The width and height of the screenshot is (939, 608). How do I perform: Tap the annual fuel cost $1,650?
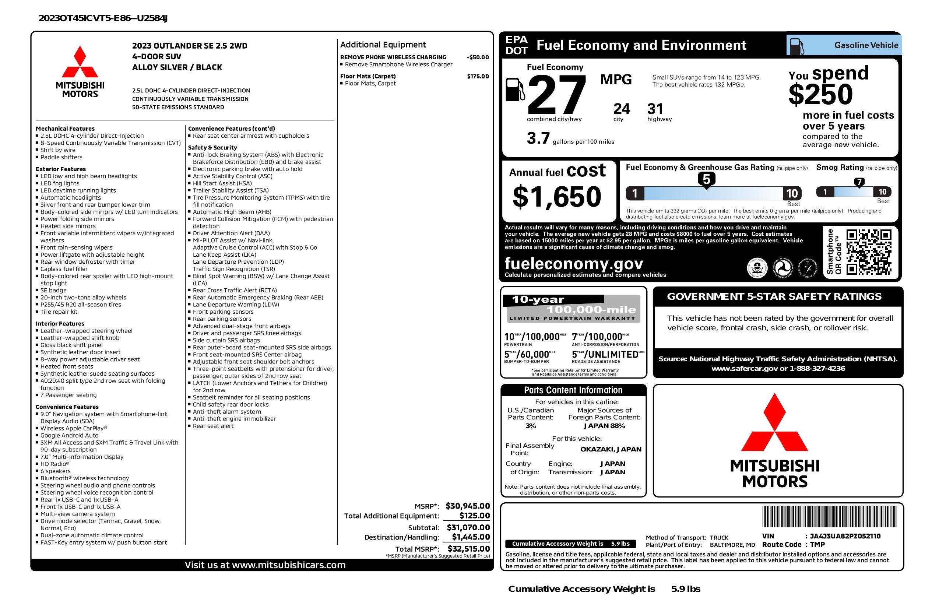tap(557, 197)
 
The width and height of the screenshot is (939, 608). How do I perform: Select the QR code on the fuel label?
tap(868, 252)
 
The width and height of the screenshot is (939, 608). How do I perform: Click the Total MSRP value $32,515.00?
tap(468, 548)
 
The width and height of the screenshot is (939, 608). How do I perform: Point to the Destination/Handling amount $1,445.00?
tap(471, 537)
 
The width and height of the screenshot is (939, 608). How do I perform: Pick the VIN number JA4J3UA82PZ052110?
tap(845, 536)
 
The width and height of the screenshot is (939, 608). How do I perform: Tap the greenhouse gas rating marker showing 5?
tap(706, 180)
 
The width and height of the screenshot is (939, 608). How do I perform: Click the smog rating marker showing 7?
tap(859, 182)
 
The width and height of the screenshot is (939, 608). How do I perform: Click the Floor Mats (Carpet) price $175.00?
tap(478, 76)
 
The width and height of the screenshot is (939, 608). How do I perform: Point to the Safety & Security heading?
tap(212, 148)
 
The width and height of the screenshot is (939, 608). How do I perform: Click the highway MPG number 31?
tap(655, 109)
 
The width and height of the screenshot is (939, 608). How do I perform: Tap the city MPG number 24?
tap(622, 109)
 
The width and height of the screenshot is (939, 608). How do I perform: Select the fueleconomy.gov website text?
tap(574, 263)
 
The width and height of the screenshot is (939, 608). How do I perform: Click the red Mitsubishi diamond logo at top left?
tap(80, 62)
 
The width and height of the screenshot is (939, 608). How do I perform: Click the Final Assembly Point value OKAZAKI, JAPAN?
tap(611, 449)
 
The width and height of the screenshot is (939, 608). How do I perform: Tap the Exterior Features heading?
tap(60, 169)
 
